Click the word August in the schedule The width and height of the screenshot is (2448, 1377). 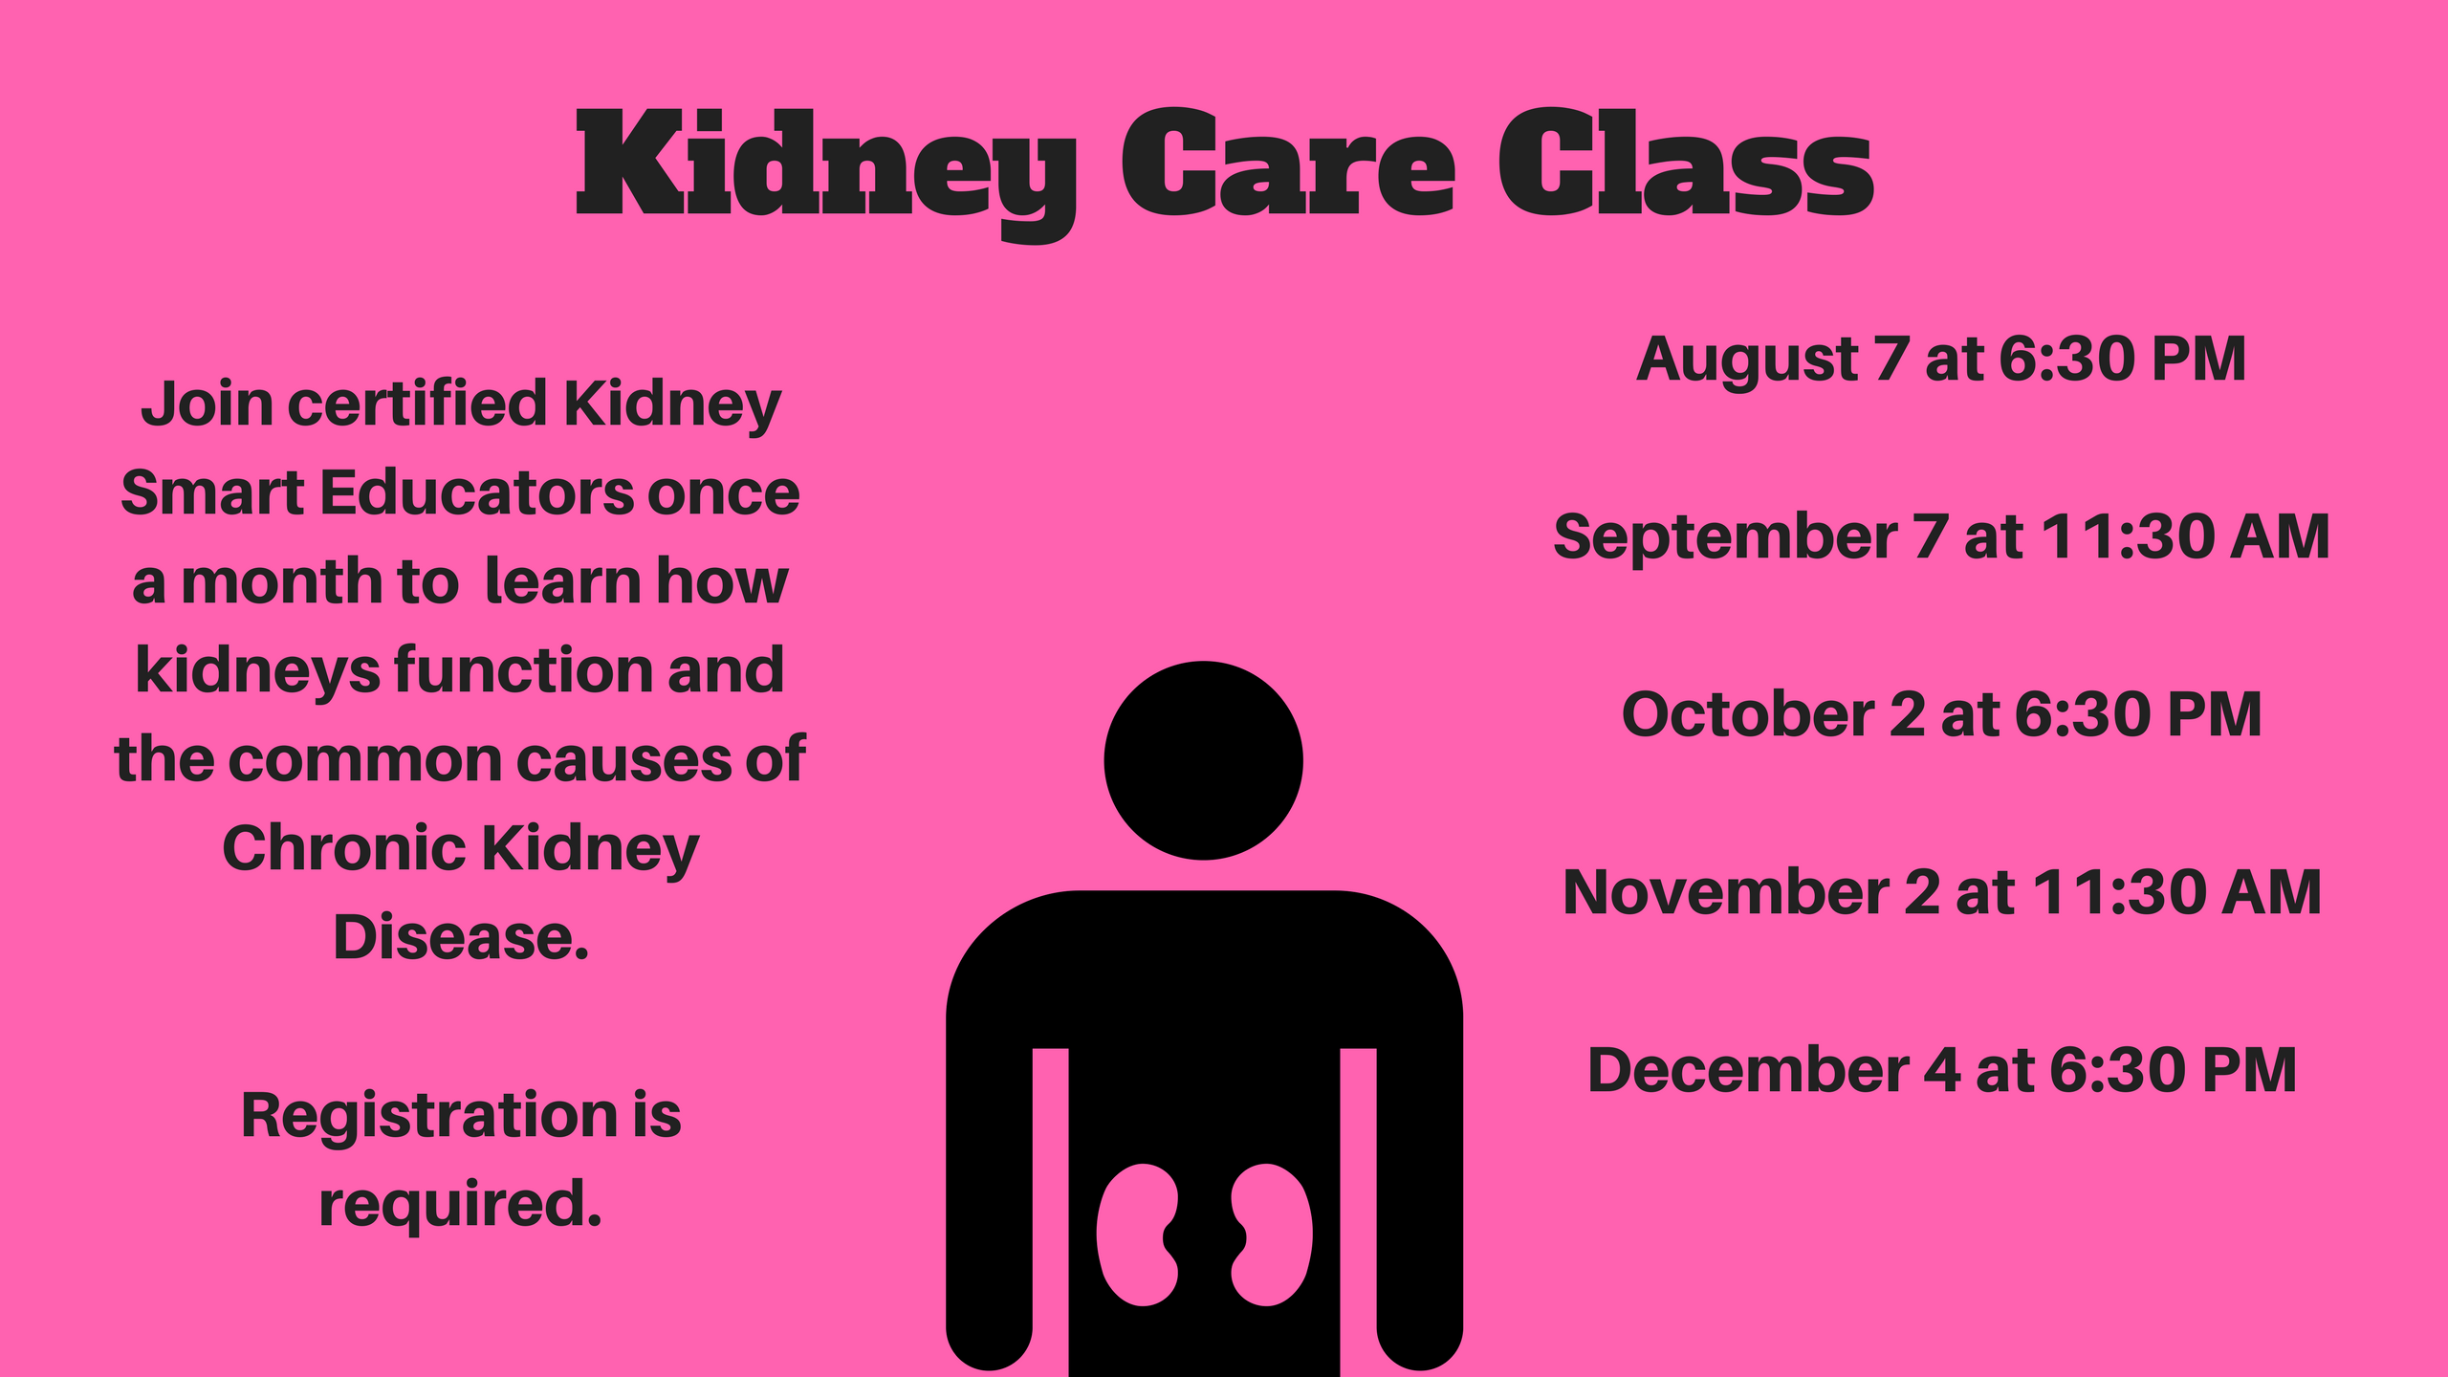1747,360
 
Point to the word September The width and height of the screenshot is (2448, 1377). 1724,537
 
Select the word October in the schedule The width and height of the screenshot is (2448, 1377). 1747,715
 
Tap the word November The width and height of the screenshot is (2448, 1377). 1725,893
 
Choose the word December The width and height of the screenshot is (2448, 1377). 1747,1070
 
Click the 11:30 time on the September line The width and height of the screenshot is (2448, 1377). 2126,537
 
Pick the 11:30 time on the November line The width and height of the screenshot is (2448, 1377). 2117,893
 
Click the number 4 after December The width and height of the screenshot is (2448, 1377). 1942,1070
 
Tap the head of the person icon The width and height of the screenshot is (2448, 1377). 1203,760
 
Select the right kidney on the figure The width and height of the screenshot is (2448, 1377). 1271,1235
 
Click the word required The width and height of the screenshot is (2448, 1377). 460,1204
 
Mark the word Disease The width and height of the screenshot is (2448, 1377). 460,937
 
